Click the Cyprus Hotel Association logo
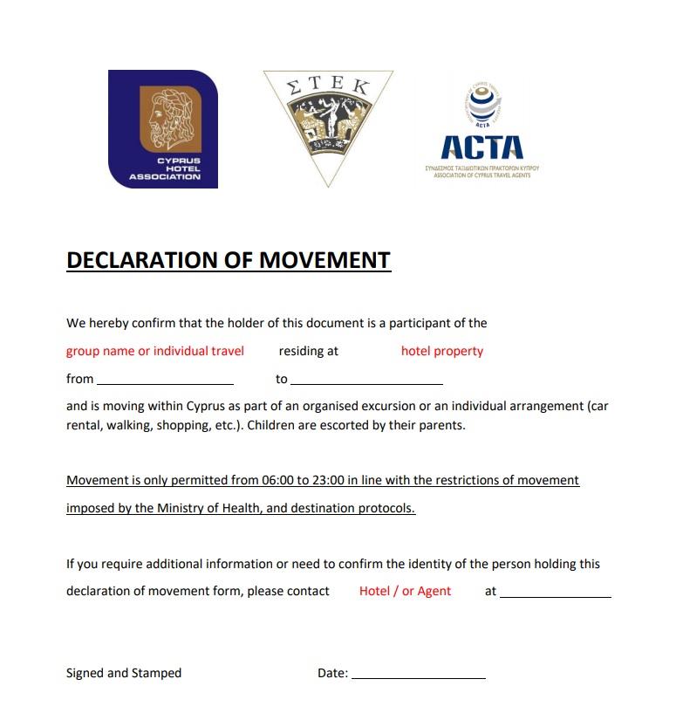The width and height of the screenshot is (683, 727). coord(163,129)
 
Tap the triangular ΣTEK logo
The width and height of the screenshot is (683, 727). coord(328,122)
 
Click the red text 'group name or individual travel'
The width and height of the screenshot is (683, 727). coord(155,351)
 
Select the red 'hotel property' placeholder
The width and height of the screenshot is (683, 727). coord(441,351)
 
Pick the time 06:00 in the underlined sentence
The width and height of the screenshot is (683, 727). coord(277,480)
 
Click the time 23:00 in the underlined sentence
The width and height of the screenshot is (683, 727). coord(331,480)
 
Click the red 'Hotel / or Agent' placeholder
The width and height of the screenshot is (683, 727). coord(405,591)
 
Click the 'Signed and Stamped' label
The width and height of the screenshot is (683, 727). coord(124,673)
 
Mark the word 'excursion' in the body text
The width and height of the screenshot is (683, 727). coord(473,407)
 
